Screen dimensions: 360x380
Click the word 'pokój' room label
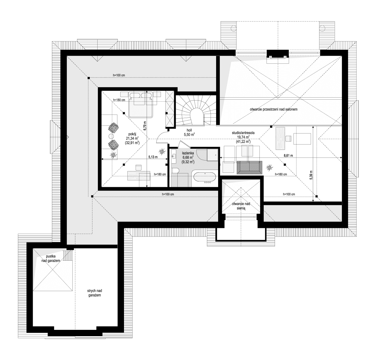click(x=132, y=134)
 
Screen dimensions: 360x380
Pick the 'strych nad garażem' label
click(x=94, y=293)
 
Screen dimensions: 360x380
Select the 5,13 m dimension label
click(x=153, y=157)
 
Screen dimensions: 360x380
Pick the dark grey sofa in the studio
click(x=249, y=167)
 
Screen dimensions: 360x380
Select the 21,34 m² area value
click(x=132, y=138)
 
